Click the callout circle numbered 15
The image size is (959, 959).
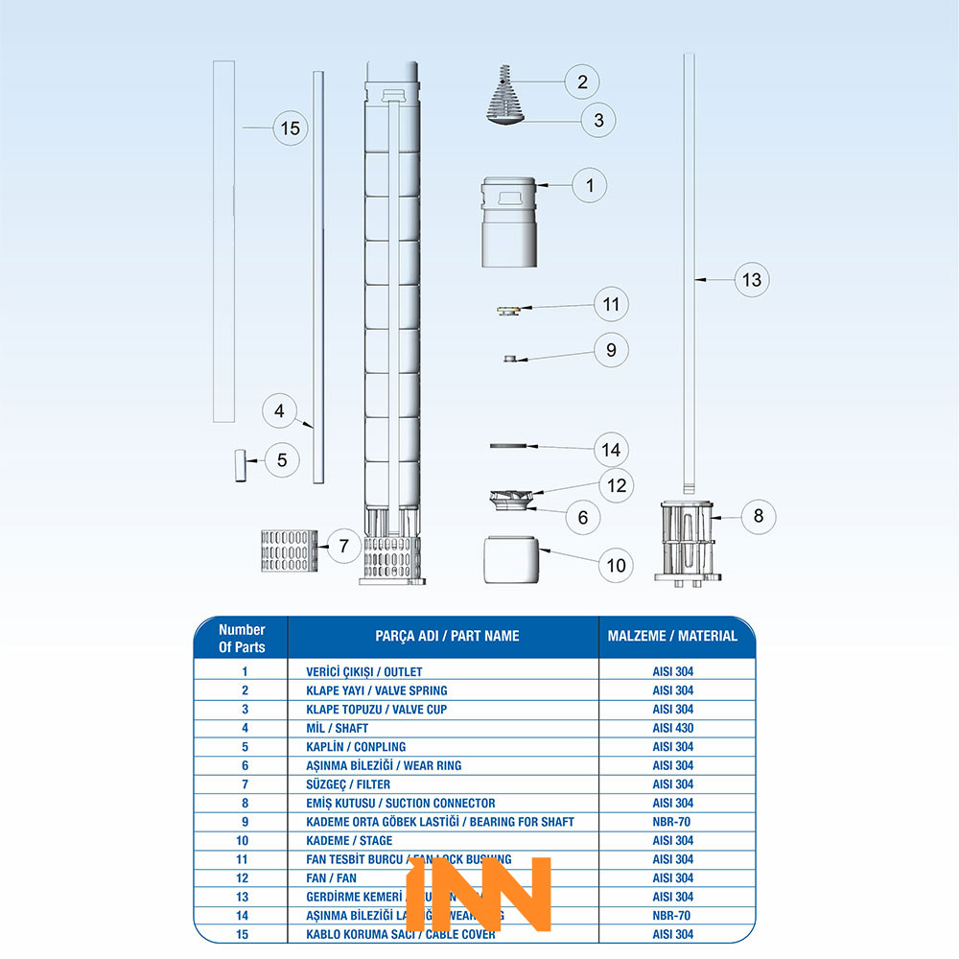(292, 128)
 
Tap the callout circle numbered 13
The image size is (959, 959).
(753, 280)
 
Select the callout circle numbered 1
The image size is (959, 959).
(590, 185)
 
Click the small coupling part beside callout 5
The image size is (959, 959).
(239, 465)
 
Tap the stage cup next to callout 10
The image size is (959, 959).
(511, 559)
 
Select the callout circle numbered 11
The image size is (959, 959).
(611, 305)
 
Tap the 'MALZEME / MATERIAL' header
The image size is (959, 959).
(672, 636)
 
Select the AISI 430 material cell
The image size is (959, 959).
(672, 728)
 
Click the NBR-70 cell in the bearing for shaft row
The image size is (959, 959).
(672, 822)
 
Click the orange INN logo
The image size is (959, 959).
(479, 892)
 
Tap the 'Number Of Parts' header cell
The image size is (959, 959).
(242, 638)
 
